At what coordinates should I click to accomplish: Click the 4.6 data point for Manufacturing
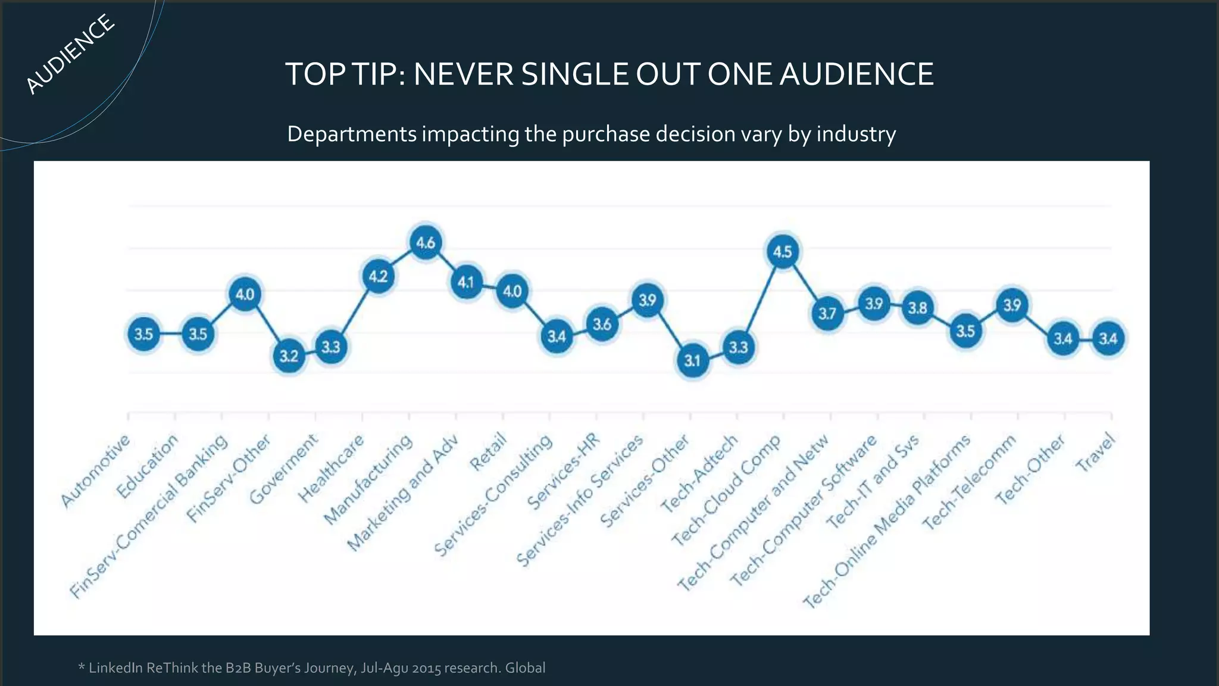pos(426,243)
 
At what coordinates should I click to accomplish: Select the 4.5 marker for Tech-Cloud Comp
pos(782,252)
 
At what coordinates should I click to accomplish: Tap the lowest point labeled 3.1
pos(693,361)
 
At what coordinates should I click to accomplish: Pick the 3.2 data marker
pos(289,356)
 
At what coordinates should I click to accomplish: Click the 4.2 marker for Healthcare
pos(378,276)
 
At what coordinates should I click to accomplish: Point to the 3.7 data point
pos(827,313)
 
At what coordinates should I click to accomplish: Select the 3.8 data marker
pos(917,308)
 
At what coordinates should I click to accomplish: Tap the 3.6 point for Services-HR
pos(602,324)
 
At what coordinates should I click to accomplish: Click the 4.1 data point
pos(466,282)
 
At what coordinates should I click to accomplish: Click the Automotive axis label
pos(95,471)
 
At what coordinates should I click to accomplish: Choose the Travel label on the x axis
pos(1095,453)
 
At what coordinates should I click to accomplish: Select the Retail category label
pos(488,452)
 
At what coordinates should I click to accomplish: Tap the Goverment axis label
pos(283,469)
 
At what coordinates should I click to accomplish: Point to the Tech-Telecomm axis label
pos(969,482)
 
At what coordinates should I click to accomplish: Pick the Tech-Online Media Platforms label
pos(887,522)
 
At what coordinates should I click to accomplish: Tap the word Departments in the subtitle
pos(352,134)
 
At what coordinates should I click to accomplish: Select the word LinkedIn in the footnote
pos(115,668)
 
